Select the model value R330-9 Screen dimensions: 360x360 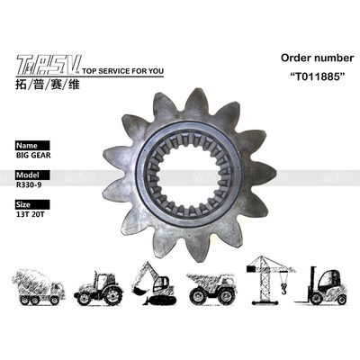point(30,186)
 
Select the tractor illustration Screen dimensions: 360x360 point(99,284)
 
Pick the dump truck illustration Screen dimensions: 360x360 point(212,285)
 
